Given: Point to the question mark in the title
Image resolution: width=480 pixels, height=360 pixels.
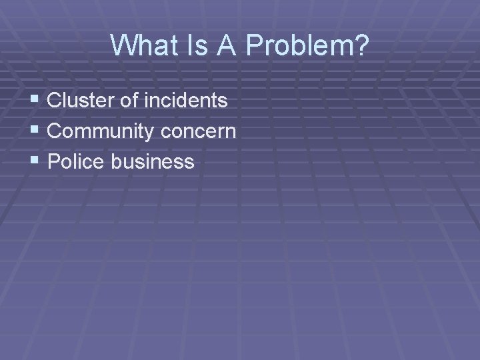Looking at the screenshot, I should click(360, 45).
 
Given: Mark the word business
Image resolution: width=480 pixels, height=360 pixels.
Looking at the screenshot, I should click(153, 161).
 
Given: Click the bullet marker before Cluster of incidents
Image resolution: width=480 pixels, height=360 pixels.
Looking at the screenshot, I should click(35, 101).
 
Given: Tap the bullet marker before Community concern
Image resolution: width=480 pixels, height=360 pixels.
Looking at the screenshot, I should click(35, 131).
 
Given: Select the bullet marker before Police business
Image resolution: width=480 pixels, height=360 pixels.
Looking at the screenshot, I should click(35, 161).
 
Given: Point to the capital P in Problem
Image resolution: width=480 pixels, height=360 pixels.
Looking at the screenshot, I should click(255, 45).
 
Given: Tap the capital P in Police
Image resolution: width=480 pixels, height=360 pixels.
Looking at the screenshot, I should click(54, 161).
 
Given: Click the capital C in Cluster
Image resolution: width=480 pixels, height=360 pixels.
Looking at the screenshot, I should click(55, 101).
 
